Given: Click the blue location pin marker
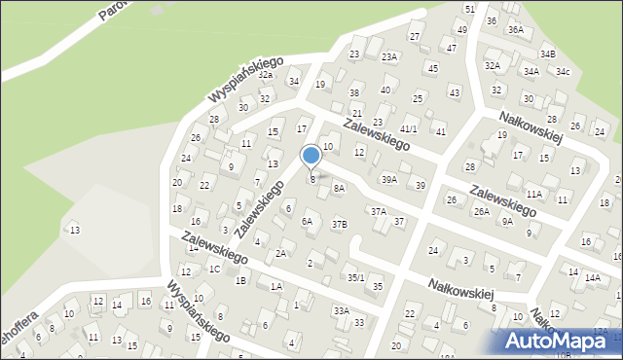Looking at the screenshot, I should point(311,157).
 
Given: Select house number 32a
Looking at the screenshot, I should point(266,74).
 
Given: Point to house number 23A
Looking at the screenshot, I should point(389,57).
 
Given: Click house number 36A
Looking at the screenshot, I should point(515,30).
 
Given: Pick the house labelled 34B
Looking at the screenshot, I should point(548,54).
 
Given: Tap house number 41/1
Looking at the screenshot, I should point(409,128).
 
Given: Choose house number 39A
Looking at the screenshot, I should point(389,179).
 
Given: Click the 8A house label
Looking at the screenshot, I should point(339,188).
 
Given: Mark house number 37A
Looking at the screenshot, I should point(378,211).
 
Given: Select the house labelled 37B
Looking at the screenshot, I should point(339,224).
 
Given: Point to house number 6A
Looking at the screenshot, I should point(307,221).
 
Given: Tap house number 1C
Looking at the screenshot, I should point(214,269).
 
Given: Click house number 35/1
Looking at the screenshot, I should point(356,278).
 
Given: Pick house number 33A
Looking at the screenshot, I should point(341,310).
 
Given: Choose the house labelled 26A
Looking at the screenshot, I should point(481,211).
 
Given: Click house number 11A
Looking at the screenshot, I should point(533,195).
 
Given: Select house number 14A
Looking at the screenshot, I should point(593,277).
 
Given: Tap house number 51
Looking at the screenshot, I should point(469,8).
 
